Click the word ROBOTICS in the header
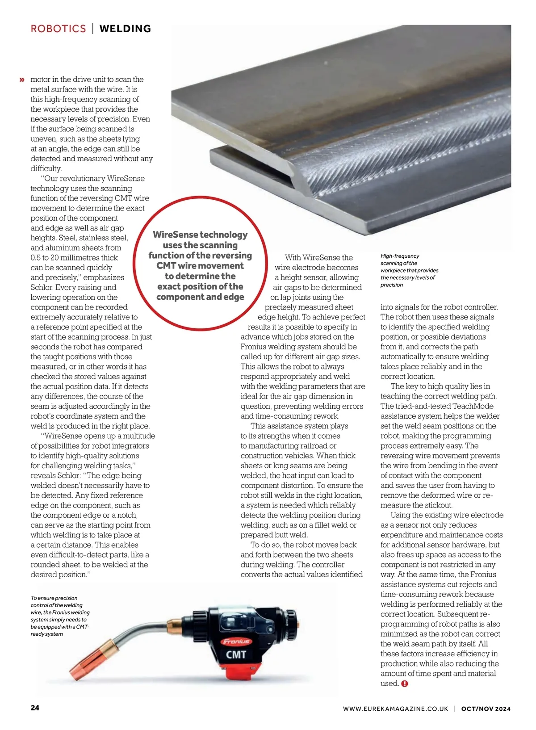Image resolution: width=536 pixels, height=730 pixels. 58,29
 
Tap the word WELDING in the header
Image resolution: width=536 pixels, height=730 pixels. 125,29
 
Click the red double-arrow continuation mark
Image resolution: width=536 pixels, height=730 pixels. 21,80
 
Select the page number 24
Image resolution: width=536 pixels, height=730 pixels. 35,708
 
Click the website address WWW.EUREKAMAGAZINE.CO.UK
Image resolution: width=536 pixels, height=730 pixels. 395,709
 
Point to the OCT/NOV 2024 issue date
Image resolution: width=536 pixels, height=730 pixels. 486,709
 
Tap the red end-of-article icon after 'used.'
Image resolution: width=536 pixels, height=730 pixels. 405,684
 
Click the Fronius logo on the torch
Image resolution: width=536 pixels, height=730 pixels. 236,642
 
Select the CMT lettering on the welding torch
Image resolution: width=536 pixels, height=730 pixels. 236,655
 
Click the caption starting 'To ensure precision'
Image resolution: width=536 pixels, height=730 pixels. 60,616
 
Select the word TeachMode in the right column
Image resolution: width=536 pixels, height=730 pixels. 473,406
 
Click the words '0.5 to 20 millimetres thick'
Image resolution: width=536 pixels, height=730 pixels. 74,258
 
